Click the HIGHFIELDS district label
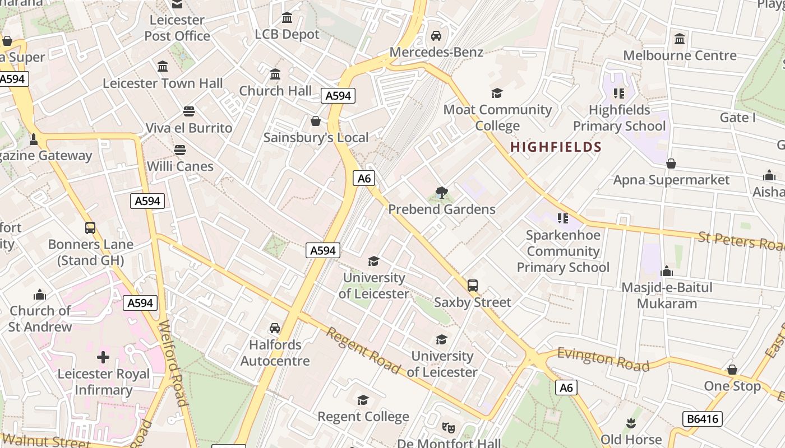coord(556,147)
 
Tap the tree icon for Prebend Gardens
coord(442,193)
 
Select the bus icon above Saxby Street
coord(473,286)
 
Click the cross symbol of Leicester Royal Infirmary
coord(103,357)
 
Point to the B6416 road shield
coord(703,419)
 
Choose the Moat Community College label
coord(497,118)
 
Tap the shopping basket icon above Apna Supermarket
coord(671,164)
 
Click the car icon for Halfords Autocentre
coord(275,328)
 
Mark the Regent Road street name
coord(363,351)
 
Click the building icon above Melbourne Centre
coord(680,39)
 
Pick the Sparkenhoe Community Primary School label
coord(562,251)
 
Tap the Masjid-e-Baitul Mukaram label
coord(667,296)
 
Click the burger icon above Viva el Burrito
coord(189,111)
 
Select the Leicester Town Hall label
coord(163,83)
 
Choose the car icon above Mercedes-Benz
coord(436,36)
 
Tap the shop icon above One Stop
coord(732,370)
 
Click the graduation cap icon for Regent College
coord(363,400)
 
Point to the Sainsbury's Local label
coord(316,137)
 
